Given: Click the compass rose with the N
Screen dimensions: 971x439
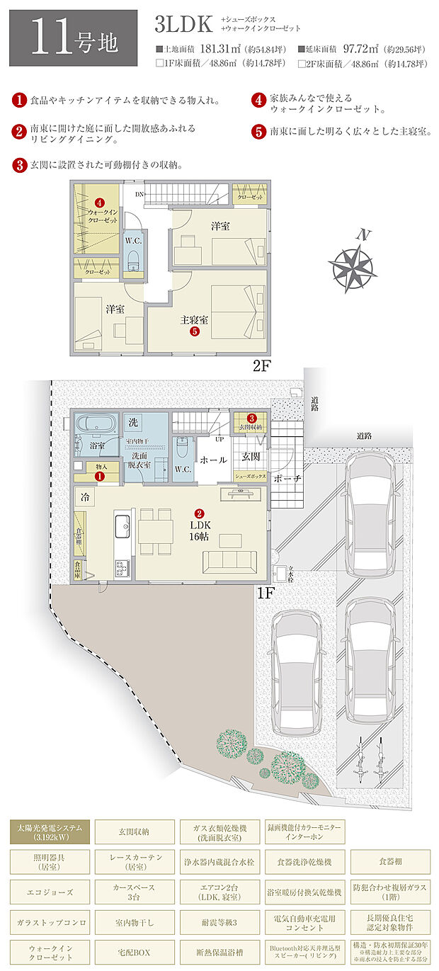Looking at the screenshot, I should [352, 266].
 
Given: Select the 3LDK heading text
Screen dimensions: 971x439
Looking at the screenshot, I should [183, 26].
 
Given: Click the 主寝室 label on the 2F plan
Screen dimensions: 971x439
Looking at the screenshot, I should [193, 320].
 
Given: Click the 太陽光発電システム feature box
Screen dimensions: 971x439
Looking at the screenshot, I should [50, 831].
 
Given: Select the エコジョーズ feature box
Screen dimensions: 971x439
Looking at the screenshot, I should [50, 891].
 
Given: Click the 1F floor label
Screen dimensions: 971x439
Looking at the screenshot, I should [264, 592].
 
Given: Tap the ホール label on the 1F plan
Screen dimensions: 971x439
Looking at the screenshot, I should [213, 460].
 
